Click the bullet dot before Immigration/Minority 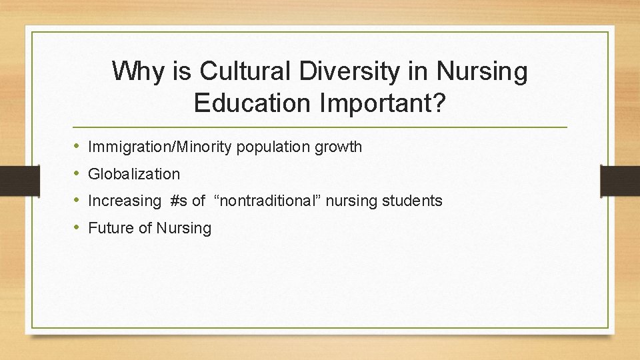point(77,146)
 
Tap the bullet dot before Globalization point(77,173)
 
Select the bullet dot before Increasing point(77,201)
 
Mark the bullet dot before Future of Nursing point(77,228)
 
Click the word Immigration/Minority point(160,147)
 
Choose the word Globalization point(134,174)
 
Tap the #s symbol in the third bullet point(178,201)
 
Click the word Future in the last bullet point(111,228)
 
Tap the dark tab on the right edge point(621,180)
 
